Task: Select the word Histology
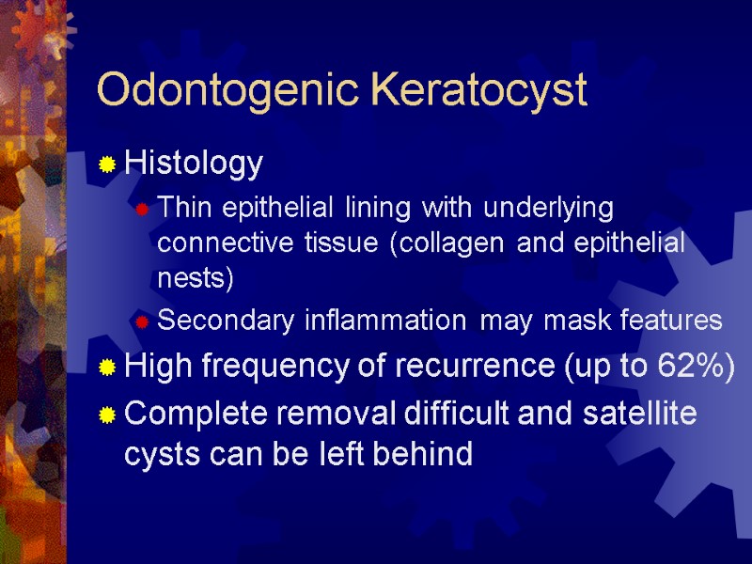pos(194,164)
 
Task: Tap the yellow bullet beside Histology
pos(108,165)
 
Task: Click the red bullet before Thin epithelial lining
pos(141,208)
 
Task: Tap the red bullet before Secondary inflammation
pos(141,322)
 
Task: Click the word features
pos(668,321)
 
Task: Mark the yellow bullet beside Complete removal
pos(108,414)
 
